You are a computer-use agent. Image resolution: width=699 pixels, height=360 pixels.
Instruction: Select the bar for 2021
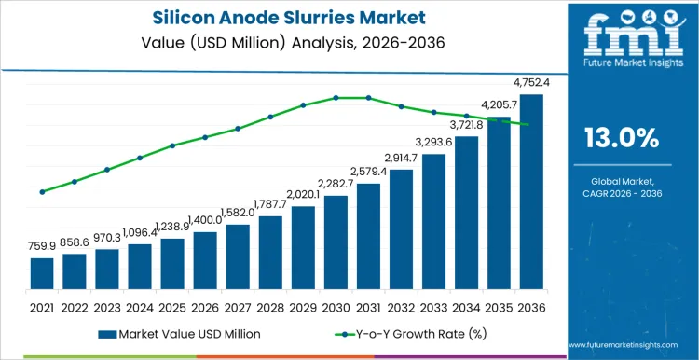(42, 272)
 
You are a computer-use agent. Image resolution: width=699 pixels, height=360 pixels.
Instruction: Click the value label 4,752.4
(528, 83)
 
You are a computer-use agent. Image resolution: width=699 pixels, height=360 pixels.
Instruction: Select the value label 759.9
(42, 247)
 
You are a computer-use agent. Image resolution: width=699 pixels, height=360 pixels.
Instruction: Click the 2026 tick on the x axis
(205, 306)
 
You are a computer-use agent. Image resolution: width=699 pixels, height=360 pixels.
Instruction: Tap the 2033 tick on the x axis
(433, 306)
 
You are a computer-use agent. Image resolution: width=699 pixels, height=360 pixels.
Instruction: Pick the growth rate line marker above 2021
(42, 192)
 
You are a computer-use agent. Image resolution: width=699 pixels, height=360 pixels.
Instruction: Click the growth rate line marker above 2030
(336, 98)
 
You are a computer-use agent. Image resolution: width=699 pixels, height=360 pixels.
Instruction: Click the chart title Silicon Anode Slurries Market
(280, 18)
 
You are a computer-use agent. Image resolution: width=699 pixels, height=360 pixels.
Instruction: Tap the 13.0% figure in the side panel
(621, 138)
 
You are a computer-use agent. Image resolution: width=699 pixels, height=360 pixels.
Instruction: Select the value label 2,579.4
(368, 173)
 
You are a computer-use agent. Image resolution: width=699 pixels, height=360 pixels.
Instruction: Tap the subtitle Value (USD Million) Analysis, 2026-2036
(280, 42)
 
